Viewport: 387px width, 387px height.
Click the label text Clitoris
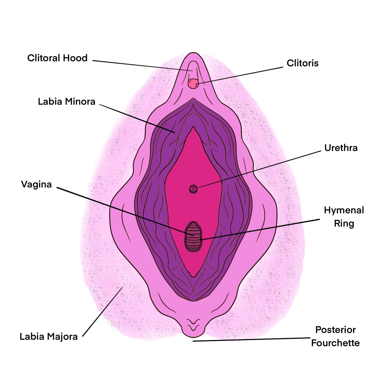(302, 63)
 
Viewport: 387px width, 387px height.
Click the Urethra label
(341, 148)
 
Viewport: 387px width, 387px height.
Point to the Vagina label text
(36, 184)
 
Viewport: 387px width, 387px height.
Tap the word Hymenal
(344, 210)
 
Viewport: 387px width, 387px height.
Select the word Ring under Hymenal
(344, 223)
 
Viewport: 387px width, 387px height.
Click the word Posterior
(335, 330)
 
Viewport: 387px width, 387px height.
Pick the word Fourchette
(335, 343)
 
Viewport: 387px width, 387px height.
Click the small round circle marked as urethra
(193, 189)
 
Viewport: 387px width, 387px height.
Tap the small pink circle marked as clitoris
(193, 84)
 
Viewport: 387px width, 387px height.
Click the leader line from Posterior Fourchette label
(250, 339)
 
